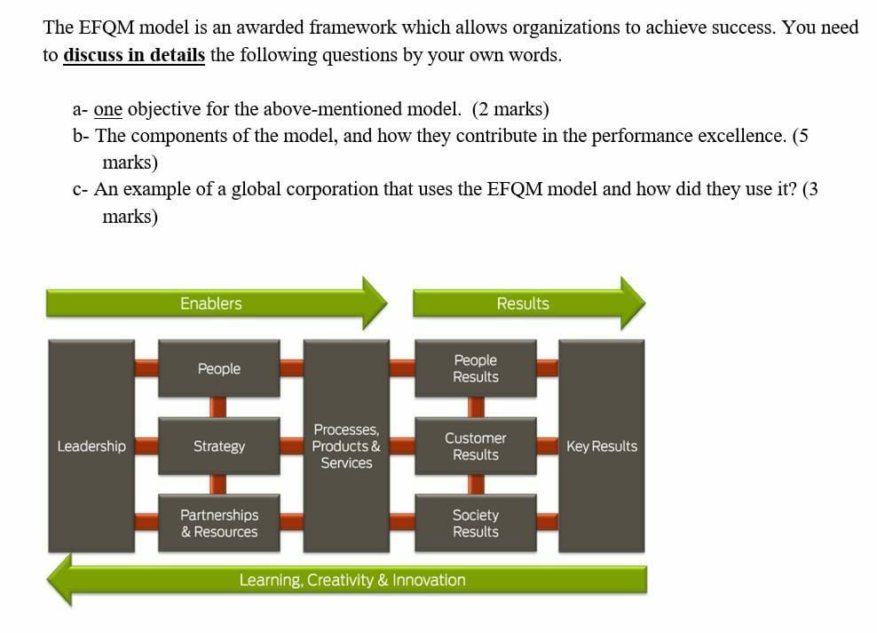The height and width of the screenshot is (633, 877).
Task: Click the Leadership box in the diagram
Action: (91, 446)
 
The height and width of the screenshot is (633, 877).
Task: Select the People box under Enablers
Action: (218, 368)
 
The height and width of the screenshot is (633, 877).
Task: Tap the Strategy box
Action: (218, 446)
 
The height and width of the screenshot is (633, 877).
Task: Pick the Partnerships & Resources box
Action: (218, 523)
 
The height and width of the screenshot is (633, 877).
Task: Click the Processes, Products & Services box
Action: (346, 446)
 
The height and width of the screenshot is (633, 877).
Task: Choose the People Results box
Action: (475, 368)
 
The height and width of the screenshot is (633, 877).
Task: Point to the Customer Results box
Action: (475, 446)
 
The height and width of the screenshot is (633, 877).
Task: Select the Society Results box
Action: (475, 523)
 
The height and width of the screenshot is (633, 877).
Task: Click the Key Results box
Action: (601, 446)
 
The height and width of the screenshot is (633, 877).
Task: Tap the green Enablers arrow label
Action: (211, 304)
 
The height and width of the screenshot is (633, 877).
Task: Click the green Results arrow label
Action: (523, 304)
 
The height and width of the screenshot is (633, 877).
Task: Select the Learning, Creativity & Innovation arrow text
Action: (352, 580)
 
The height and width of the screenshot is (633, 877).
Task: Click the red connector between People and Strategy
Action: (218, 407)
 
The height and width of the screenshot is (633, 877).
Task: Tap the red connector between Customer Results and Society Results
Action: (476, 484)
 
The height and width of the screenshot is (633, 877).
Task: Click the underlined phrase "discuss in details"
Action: (134, 55)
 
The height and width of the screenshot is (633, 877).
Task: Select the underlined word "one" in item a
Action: (107, 109)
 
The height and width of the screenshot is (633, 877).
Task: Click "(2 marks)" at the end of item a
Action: (510, 109)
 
